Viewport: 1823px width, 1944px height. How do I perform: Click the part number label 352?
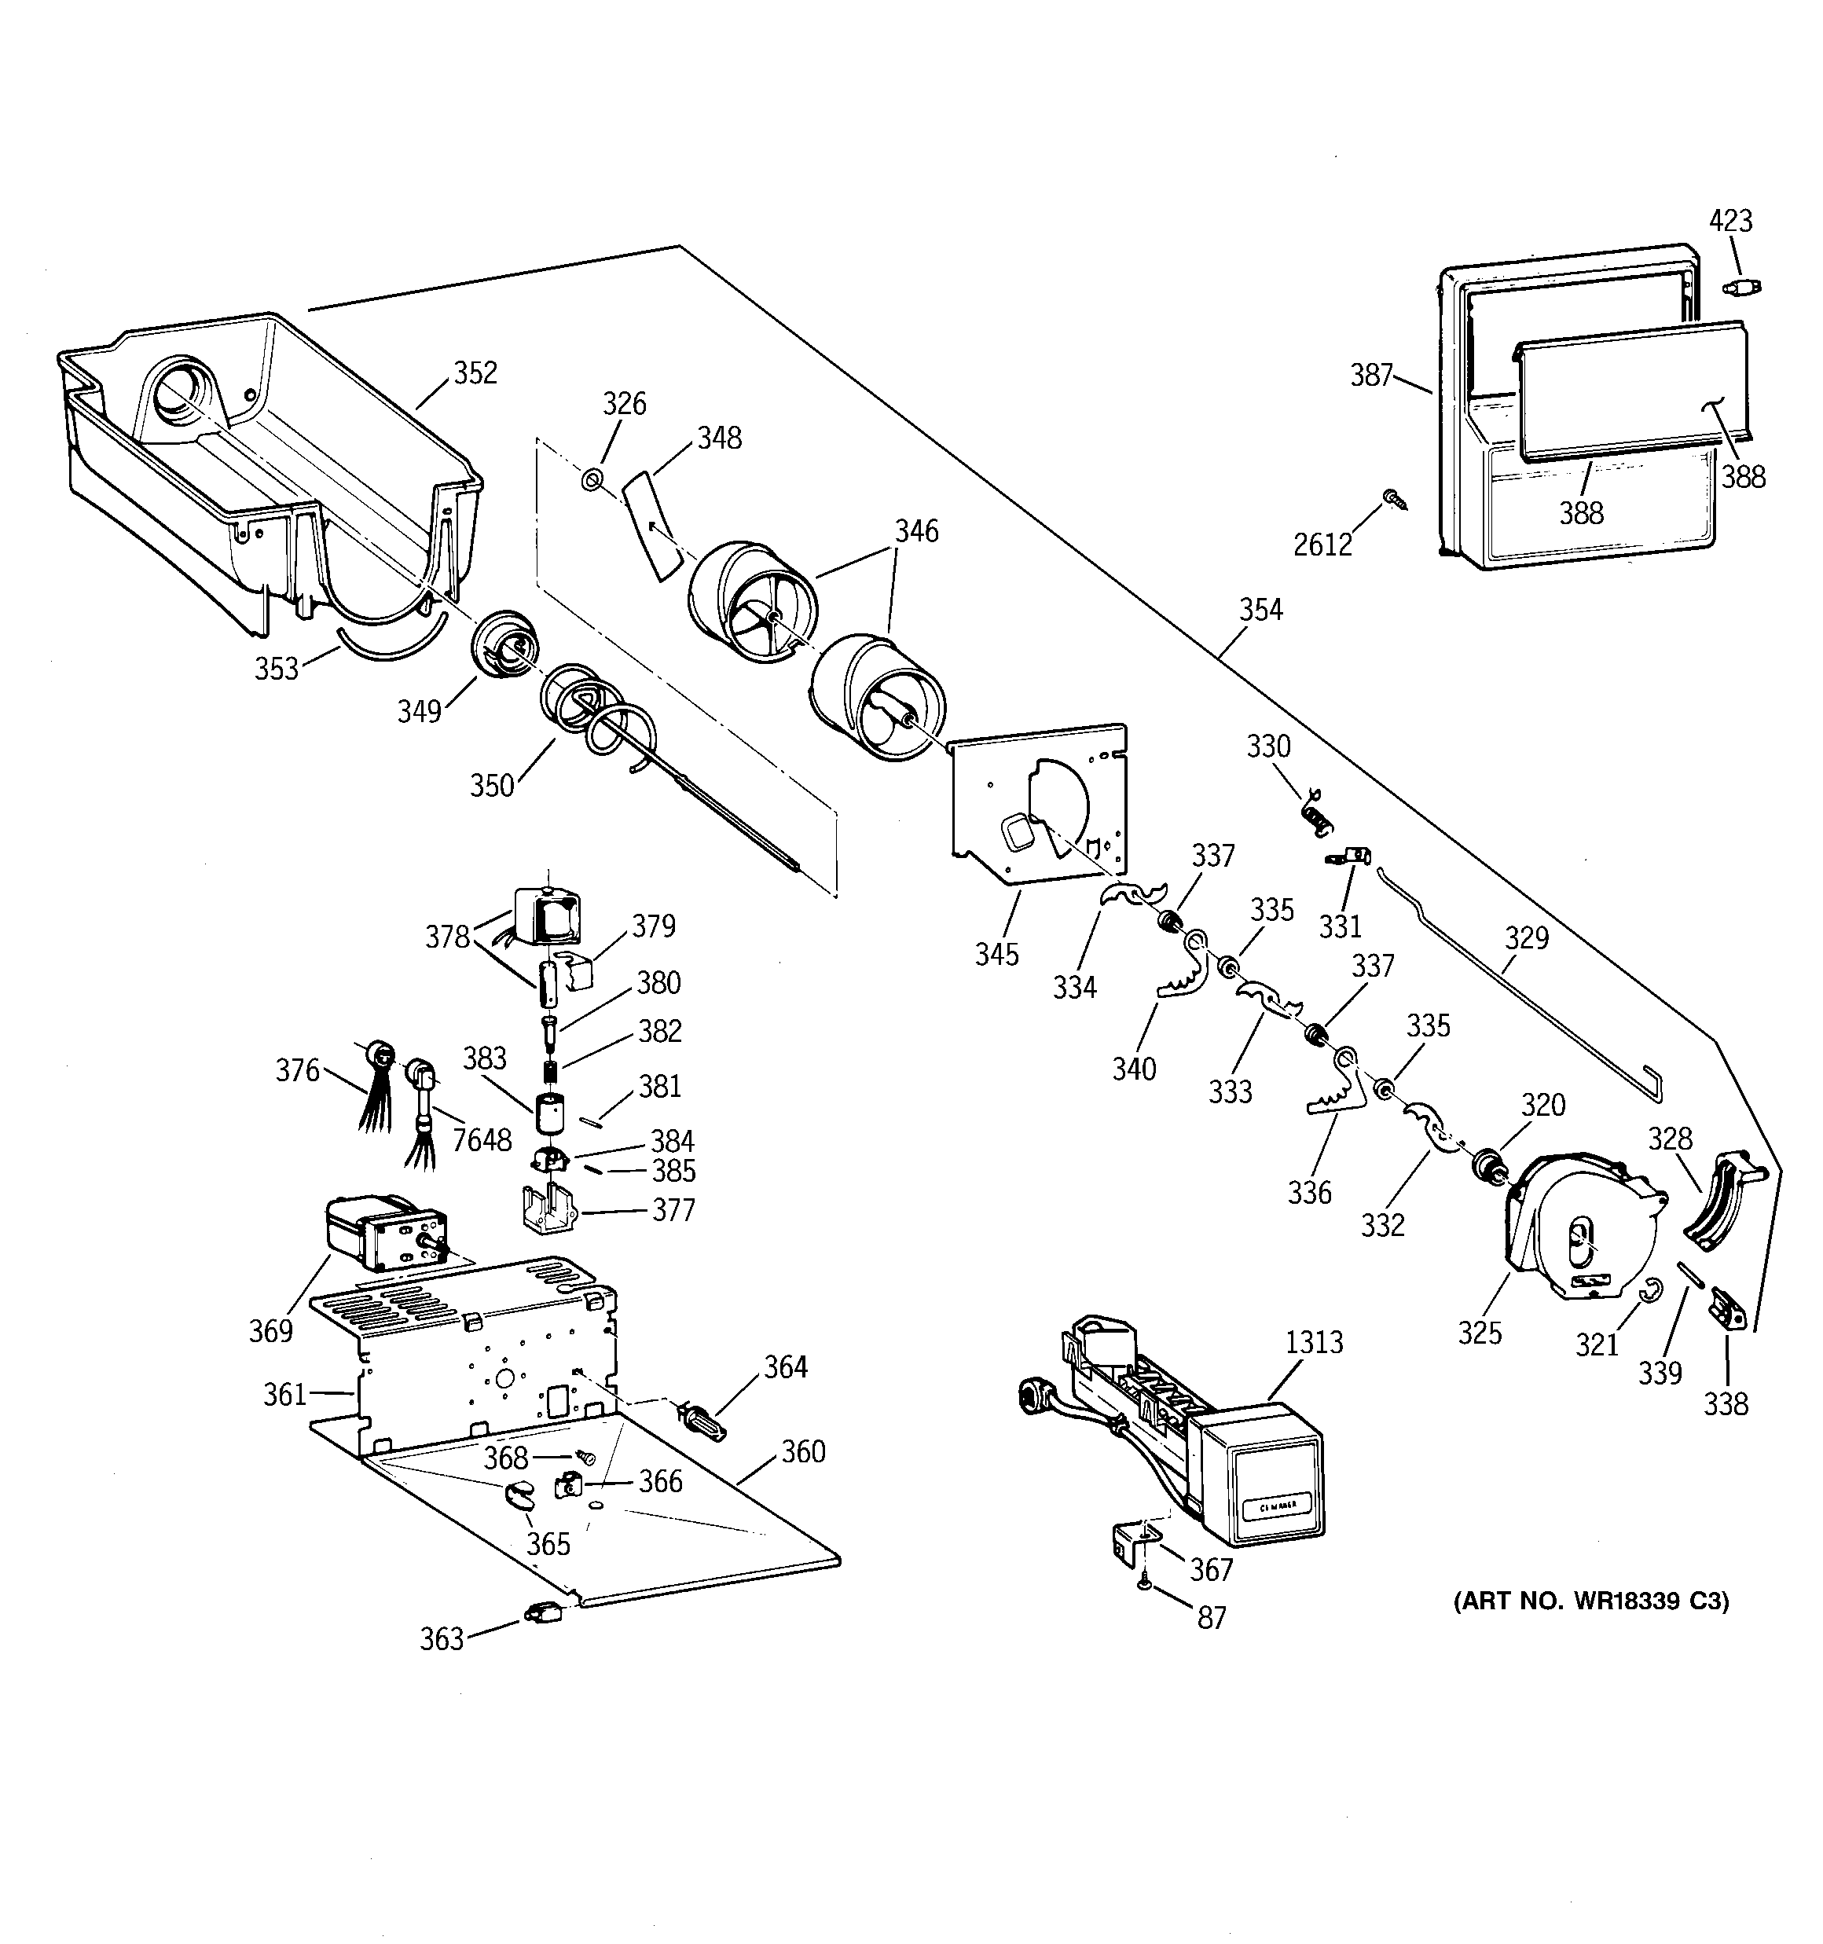[x=475, y=372]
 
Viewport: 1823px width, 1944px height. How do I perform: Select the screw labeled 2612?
[x=1392, y=500]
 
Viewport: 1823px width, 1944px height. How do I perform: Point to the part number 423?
[x=1730, y=220]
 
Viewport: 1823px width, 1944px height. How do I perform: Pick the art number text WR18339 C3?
[x=1591, y=1601]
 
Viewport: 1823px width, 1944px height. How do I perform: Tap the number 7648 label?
[x=481, y=1139]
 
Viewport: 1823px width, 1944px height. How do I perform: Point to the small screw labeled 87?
[x=1145, y=1584]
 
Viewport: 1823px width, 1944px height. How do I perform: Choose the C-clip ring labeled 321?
[x=1651, y=1292]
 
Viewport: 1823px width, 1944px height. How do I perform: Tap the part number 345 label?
[x=996, y=953]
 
